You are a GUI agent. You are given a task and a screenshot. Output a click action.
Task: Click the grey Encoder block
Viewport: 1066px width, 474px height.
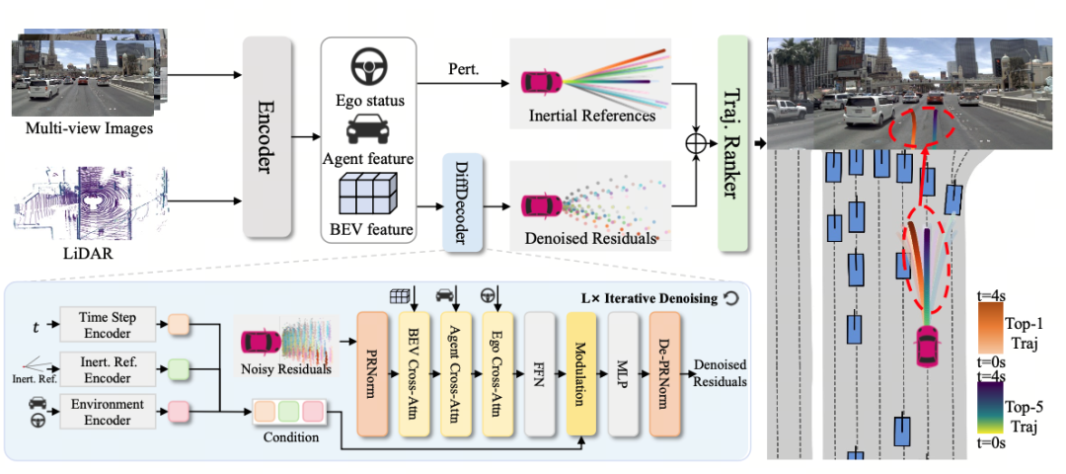[267, 136]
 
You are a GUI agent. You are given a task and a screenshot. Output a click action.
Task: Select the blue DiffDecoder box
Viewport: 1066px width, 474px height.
[462, 202]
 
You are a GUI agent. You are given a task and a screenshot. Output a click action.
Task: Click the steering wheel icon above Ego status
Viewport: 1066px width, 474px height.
[368, 68]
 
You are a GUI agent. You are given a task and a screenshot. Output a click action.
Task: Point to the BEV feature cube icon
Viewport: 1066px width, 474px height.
[368, 195]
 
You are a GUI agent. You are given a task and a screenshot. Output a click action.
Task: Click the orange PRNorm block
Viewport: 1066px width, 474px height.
[372, 373]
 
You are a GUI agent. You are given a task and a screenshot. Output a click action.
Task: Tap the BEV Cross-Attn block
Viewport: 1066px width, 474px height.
[414, 373]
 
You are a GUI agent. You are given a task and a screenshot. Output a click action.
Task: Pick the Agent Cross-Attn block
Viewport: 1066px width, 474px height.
[455, 373]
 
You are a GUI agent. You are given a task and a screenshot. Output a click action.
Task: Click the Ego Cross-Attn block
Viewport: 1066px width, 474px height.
[496, 373]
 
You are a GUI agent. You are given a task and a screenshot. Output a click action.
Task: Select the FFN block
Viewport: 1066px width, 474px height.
[539, 373]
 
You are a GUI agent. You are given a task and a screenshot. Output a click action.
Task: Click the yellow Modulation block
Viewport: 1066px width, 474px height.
[581, 373]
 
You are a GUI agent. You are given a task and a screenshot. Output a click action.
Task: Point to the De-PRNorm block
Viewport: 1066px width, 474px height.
[664, 373]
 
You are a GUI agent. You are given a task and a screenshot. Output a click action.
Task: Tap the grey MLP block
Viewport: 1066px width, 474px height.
[623, 373]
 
